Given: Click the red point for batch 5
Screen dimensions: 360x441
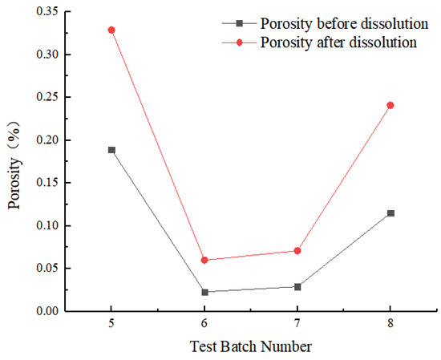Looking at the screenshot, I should pos(111,30).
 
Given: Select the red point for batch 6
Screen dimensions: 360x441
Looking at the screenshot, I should pos(204,260).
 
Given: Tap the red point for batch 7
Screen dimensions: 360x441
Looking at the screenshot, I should pos(297,251).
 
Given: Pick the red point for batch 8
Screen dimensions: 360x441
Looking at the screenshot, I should pos(390,105).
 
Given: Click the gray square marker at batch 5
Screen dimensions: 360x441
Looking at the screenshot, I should pos(111,150).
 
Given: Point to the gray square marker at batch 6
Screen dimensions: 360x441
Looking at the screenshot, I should pos(204,292).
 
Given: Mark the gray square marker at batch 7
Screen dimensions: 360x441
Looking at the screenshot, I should pos(297,286).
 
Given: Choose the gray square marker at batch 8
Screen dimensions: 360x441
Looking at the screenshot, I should pos(390,213).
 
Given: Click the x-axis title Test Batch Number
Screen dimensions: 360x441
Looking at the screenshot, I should pos(250,347).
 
